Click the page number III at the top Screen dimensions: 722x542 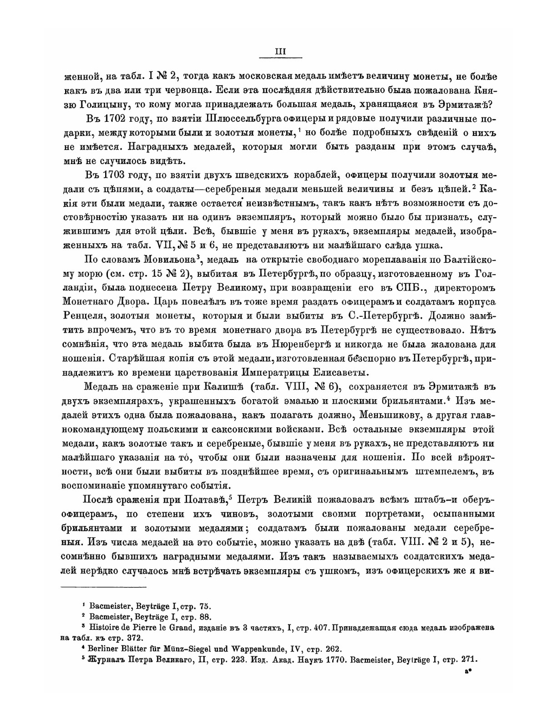pyautogui.click(x=280, y=51)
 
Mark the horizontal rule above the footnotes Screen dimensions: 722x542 pyautogui.click(x=104, y=587)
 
